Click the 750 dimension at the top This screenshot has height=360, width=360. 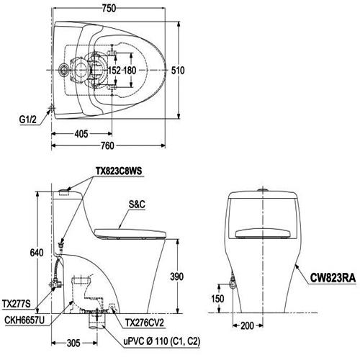(x=109, y=8)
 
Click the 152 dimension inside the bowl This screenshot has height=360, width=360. (x=114, y=71)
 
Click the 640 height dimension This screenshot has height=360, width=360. (x=26, y=252)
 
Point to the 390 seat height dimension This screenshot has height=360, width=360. (x=185, y=276)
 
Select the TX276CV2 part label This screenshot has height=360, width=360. (x=148, y=305)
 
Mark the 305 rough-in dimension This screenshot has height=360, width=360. (x=68, y=343)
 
